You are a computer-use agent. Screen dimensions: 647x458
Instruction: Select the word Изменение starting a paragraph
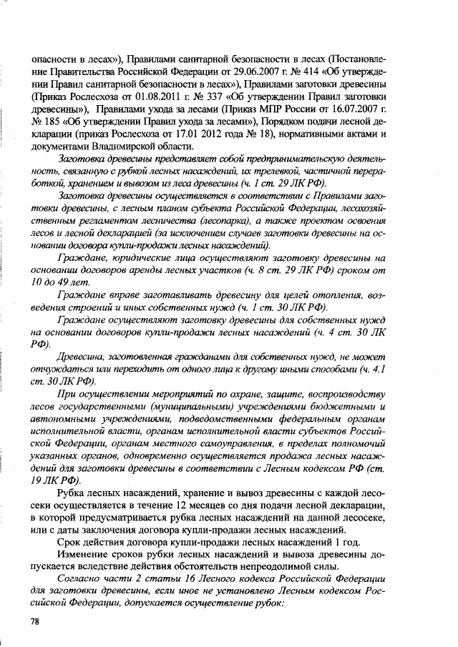(x=83, y=551)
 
